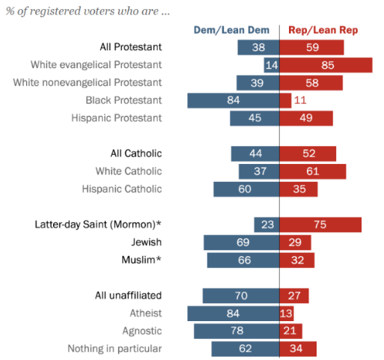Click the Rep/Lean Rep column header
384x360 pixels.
[323, 30]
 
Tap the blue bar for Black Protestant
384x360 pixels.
[233, 100]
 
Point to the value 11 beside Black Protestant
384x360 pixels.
[299, 100]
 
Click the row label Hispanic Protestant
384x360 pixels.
[117, 118]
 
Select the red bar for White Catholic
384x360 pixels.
[312, 171]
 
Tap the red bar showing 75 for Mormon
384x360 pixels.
[320, 225]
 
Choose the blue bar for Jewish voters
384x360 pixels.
[241, 242]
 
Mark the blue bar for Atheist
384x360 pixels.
[233, 314]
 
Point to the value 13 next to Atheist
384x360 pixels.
[287, 314]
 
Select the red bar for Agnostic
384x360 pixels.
[290, 331]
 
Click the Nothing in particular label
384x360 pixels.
[115, 349]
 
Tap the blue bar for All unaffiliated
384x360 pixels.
[240, 296]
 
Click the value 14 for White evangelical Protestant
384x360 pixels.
[272, 65]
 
